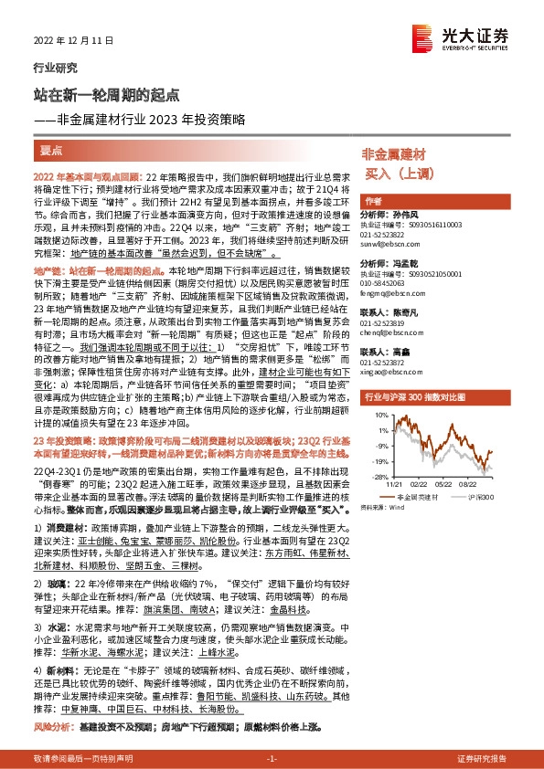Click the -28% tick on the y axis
(x=374, y=476)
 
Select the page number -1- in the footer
(x=272, y=759)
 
